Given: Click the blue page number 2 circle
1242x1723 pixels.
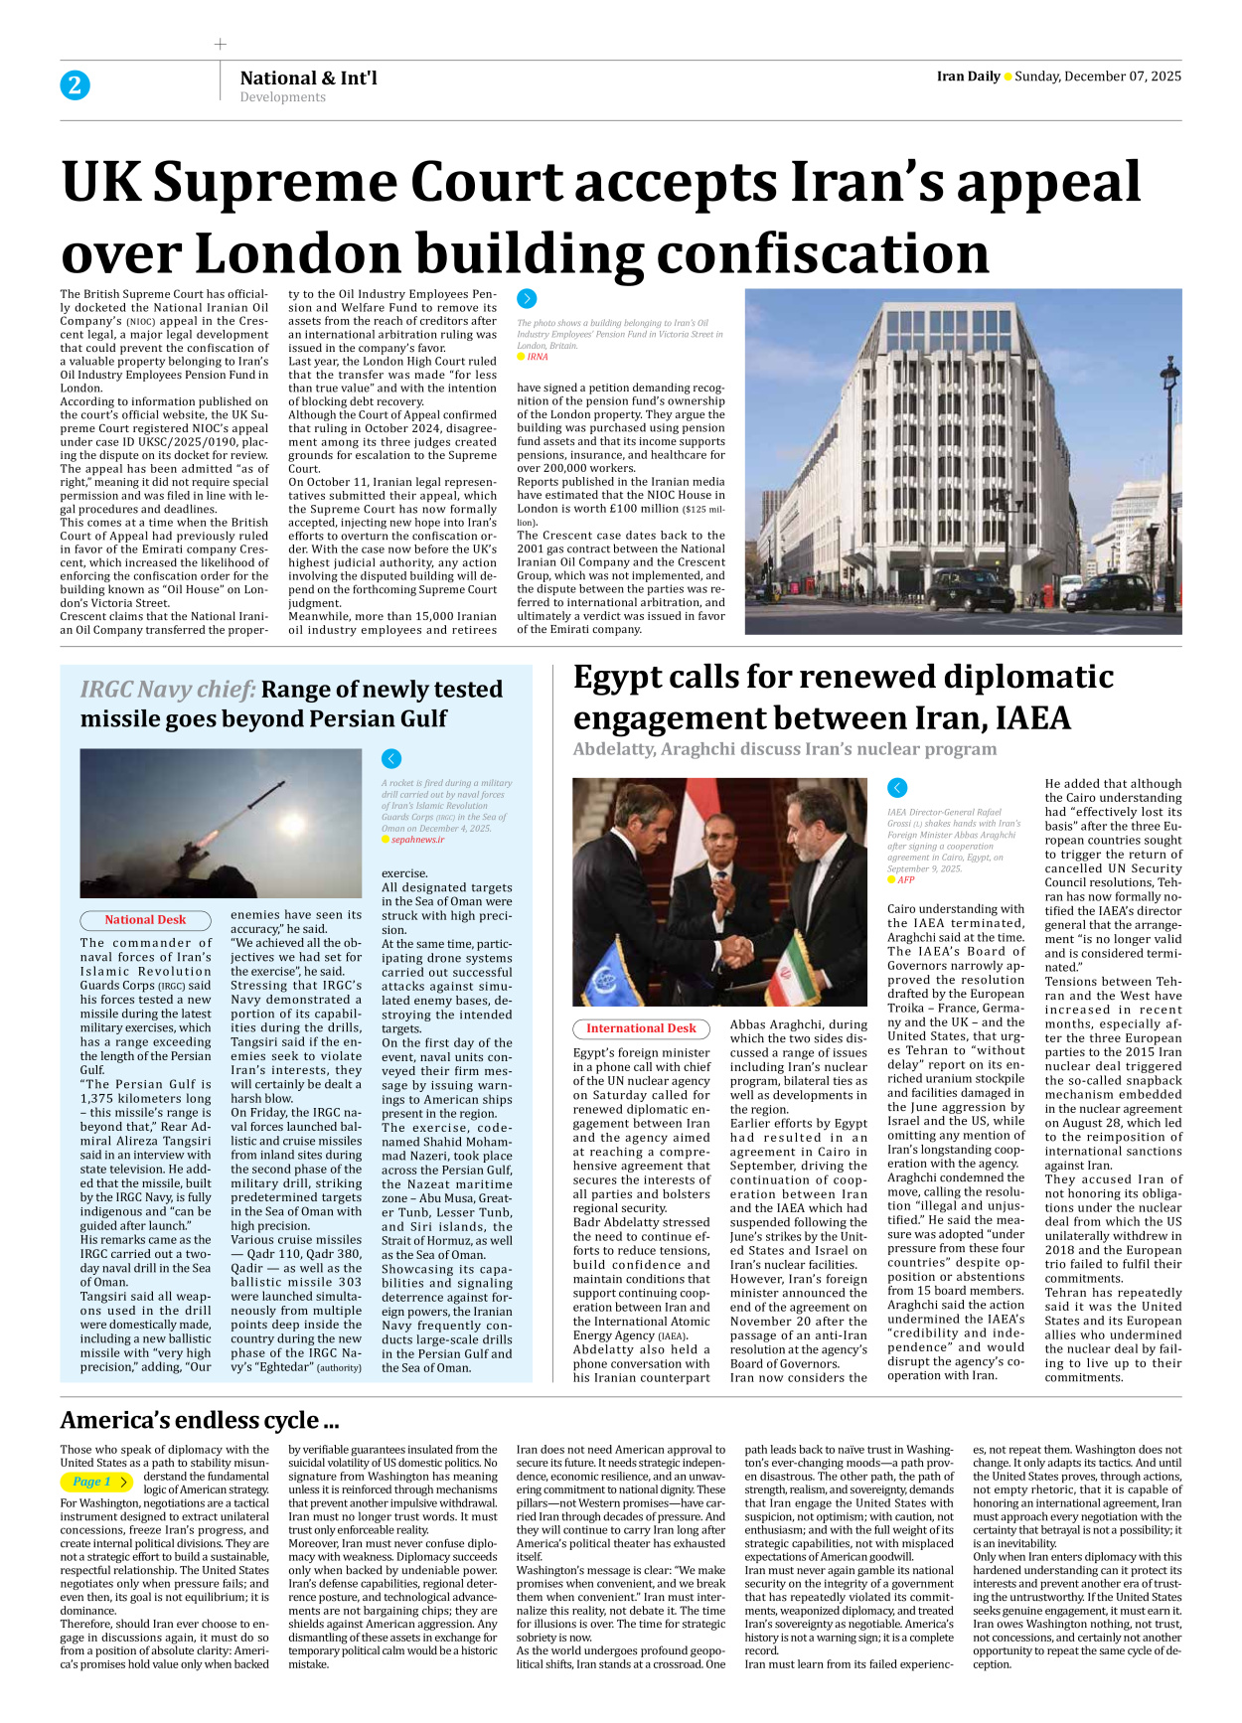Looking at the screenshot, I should tap(75, 84).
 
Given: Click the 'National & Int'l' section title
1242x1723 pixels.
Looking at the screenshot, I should tap(308, 78).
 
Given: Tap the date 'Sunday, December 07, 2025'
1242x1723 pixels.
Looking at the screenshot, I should tap(1097, 77).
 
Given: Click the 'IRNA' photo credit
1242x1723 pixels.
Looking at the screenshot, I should tap(537, 357).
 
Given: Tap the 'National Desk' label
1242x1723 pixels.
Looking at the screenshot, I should tap(145, 920).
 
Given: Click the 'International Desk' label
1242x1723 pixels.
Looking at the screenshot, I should tap(641, 1028).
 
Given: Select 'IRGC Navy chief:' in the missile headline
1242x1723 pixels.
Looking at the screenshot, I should tap(168, 690).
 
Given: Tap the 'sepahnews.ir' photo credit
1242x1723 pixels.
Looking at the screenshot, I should tap(417, 840).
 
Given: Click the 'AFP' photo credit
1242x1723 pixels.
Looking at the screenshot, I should tap(905, 880).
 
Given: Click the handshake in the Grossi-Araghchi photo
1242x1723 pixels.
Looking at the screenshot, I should tap(736, 950).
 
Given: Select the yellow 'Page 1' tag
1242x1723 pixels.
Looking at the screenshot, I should tap(95, 1482).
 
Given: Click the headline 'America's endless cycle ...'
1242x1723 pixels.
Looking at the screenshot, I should tap(200, 1420).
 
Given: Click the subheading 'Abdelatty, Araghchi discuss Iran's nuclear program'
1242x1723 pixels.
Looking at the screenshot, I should tap(784, 749).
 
